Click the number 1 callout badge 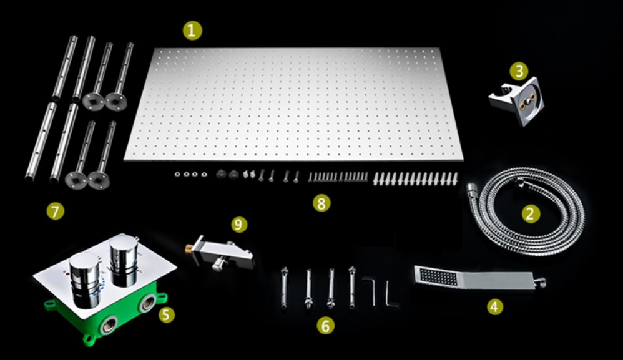(x=192, y=31)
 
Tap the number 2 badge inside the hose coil (x=531, y=214)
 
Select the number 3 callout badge (x=519, y=71)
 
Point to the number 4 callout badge (x=494, y=306)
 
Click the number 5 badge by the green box (x=167, y=314)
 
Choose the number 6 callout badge (x=325, y=326)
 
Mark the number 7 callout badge (x=55, y=211)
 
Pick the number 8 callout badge (x=321, y=203)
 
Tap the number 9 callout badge (x=238, y=225)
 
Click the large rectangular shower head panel (x=293, y=104)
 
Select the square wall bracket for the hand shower (x=516, y=102)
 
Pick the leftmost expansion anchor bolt (x=283, y=288)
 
